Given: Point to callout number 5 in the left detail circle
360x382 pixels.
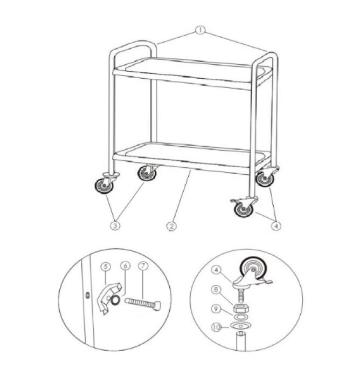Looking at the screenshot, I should (x=106, y=266).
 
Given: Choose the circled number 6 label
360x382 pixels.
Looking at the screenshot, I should (x=125, y=266).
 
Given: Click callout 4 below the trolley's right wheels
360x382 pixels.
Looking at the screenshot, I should (x=275, y=226).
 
